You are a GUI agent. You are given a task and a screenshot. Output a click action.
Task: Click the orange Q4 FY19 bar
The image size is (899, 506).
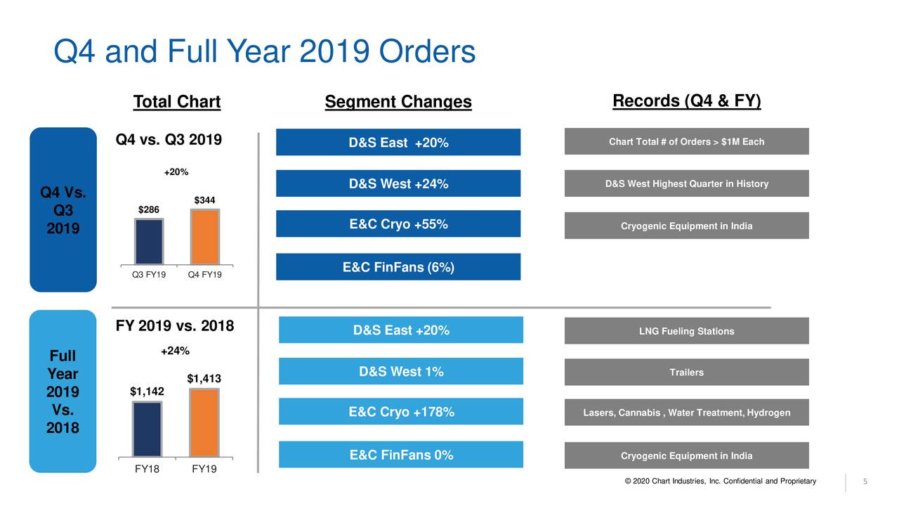[205, 236]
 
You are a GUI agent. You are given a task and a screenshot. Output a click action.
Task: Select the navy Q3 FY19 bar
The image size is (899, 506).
[149, 241]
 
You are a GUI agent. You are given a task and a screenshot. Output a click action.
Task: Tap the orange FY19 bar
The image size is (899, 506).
[204, 422]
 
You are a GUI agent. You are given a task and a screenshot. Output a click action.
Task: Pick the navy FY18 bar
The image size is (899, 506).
[147, 429]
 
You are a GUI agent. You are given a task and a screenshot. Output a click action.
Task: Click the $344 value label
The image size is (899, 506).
[204, 201]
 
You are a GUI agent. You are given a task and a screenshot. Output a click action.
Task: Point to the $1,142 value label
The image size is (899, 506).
[147, 391]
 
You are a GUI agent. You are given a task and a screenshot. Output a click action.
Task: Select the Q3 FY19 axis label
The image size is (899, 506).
[149, 275]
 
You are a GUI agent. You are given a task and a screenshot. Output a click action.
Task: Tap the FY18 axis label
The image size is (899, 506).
[147, 469]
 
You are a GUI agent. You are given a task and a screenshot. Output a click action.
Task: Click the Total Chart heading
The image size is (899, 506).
[177, 103]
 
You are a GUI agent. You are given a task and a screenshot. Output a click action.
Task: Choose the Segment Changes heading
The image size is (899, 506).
[398, 103]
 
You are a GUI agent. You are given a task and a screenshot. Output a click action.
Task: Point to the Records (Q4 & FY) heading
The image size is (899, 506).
[686, 101]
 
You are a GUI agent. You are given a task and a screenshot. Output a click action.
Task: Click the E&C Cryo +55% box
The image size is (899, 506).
[398, 224]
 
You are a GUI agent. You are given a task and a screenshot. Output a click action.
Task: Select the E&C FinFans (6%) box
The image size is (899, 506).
[398, 267]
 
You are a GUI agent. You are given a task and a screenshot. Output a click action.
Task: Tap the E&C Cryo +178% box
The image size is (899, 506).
[401, 412]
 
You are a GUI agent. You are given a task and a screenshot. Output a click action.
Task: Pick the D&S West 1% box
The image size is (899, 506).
[401, 372]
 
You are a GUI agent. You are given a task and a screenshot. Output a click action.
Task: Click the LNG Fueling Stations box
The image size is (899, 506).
[686, 331]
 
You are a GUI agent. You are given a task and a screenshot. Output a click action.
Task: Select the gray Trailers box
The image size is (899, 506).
[686, 372]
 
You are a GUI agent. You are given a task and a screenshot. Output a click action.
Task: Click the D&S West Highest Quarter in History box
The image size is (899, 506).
[686, 184]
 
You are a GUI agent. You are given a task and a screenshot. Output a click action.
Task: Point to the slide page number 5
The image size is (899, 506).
[865, 481]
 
